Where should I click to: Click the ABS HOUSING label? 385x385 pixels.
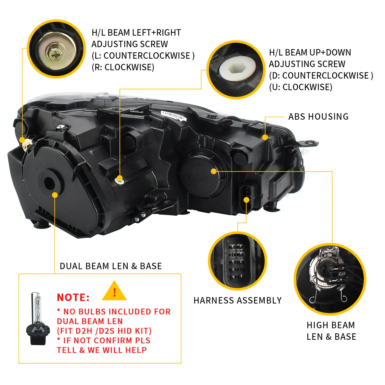pyautogui.click(x=318, y=116)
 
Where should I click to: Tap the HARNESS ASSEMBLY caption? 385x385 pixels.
pyautogui.click(x=237, y=301)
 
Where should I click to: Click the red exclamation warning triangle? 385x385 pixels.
pyautogui.click(x=114, y=291)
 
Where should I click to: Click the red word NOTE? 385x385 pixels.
pyautogui.click(x=73, y=297)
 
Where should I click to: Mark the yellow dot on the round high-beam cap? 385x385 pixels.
pyautogui.click(x=214, y=171)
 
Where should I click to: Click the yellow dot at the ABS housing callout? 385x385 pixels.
pyautogui.click(x=265, y=137)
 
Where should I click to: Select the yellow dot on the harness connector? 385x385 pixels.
pyautogui.click(x=246, y=200)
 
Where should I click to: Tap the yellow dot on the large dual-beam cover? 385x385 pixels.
pyautogui.click(x=55, y=195)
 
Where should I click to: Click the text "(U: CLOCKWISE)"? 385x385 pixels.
pyautogui.click(x=301, y=87)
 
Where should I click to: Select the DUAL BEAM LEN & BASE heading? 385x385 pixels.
pyautogui.click(x=111, y=266)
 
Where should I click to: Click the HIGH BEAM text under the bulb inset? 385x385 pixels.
pyautogui.click(x=331, y=325)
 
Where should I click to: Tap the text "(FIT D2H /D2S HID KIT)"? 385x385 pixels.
pyautogui.click(x=104, y=331)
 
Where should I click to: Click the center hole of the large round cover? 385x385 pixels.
pyautogui.click(x=49, y=183)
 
